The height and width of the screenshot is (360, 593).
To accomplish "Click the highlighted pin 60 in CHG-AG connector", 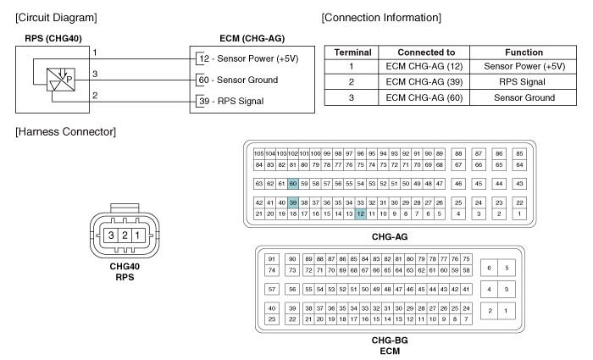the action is point(293,184).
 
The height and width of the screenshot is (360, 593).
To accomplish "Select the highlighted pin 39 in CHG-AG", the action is point(293,202).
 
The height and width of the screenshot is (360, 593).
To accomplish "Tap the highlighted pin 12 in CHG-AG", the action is point(360,214).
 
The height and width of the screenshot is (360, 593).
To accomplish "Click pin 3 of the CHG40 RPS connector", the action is point(111,235).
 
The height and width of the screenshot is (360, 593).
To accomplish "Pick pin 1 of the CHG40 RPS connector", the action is point(138,235).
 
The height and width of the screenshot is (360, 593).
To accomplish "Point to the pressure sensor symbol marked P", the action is point(61,80).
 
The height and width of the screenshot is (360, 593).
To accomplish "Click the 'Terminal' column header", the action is point(352,53).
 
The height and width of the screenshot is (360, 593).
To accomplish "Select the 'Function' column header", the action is point(524,53).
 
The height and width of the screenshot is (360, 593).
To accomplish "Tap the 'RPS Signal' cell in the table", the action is point(524,82).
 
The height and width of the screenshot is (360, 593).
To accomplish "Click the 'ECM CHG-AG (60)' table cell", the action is point(424,97).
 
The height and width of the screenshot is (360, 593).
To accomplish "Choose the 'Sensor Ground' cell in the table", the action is point(524,97).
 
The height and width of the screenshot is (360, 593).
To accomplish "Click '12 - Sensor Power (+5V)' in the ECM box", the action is point(249,58).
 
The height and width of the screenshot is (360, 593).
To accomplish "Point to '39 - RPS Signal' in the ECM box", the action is point(231,101).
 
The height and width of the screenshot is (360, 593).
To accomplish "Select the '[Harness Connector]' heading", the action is point(66,131).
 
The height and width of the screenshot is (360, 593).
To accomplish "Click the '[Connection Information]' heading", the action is point(381,18).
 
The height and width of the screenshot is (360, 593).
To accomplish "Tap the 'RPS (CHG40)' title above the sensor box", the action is point(53,39).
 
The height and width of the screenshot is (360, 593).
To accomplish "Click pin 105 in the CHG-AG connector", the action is point(258,154).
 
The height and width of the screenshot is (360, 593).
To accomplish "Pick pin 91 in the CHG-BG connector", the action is point(272,259).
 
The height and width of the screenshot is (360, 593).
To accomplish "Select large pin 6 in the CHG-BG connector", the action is point(490,268).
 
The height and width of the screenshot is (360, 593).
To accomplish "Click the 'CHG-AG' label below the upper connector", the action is point(390,236).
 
